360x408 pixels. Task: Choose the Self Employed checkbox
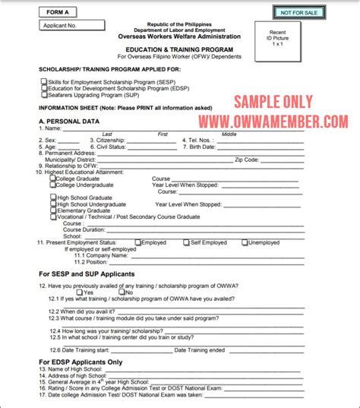pyautogui.click(x=186, y=242)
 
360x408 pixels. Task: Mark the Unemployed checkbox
pyautogui.click(x=245, y=242)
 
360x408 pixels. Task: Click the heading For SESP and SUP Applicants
pyautogui.click(x=86, y=273)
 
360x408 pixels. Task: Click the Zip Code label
pyautogui.click(x=251, y=160)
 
